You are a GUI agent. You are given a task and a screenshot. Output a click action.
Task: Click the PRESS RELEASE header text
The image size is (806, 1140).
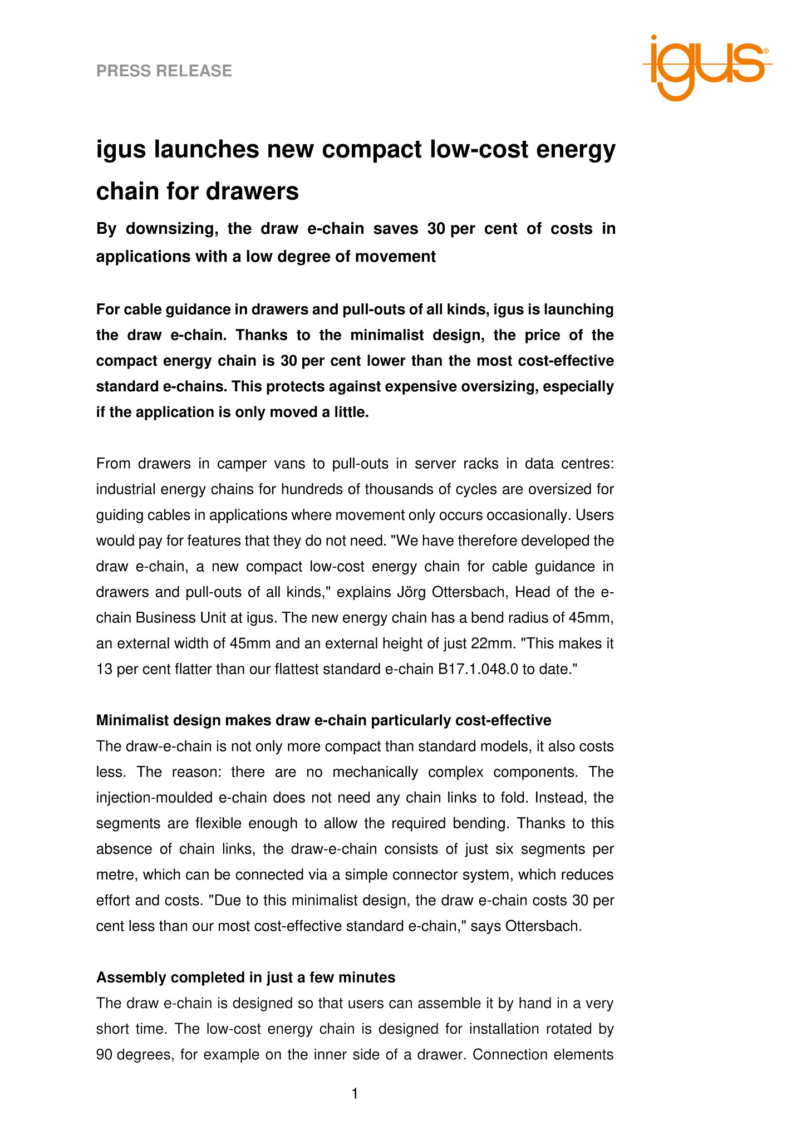pyautogui.click(x=164, y=71)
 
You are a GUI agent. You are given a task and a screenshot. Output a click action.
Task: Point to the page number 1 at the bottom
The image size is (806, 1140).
pyautogui.click(x=355, y=1094)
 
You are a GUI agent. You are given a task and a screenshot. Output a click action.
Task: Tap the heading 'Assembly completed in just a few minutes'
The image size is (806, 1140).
pyautogui.click(x=245, y=977)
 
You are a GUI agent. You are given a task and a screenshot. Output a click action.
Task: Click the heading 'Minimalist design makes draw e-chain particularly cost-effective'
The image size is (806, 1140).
pyautogui.click(x=323, y=720)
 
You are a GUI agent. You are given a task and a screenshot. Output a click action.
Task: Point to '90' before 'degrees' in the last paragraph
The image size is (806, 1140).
pyautogui.click(x=105, y=1054)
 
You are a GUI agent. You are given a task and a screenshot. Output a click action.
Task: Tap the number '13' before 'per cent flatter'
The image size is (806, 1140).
pyautogui.click(x=105, y=669)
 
